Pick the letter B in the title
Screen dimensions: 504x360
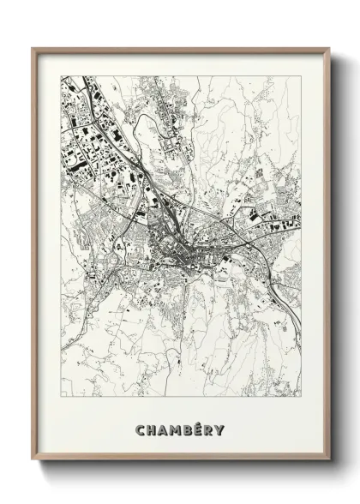(x=189, y=405)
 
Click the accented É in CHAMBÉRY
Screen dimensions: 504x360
(x=200, y=406)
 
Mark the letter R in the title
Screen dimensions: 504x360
(x=211, y=405)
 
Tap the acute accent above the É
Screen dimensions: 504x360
(x=201, y=399)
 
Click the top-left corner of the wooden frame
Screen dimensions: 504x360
(x=33, y=48)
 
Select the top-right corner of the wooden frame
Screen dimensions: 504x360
(x=330, y=48)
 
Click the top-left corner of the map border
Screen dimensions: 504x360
(x=61, y=76)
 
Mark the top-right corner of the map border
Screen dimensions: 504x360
(x=302, y=76)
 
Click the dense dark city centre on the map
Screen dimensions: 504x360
(x=184, y=249)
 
